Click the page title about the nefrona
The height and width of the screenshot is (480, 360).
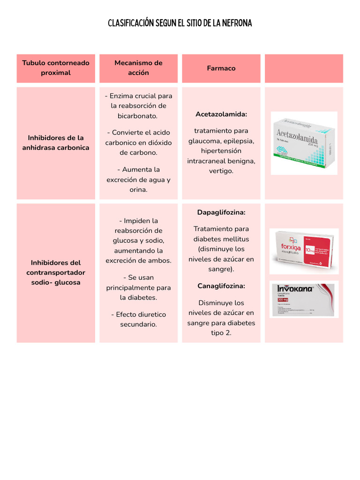point(180,23)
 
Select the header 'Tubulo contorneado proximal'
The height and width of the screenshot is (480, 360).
point(56,68)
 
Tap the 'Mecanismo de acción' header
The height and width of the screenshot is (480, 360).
point(138,68)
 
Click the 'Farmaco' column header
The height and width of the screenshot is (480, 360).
point(221,68)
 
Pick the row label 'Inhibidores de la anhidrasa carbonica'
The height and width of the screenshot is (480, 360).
point(56,143)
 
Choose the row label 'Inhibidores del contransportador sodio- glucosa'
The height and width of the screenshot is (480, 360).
point(56,273)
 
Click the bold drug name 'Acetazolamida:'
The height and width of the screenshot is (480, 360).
point(221,114)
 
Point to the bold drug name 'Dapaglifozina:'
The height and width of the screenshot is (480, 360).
point(221,212)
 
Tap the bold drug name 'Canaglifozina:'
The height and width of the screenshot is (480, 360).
point(221,286)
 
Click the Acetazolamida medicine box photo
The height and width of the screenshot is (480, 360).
point(304,143)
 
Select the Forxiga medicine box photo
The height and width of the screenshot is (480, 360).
point(304,251)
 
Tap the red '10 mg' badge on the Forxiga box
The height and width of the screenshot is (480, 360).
point(310,251)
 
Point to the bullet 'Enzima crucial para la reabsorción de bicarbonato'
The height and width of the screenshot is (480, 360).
point(138,106)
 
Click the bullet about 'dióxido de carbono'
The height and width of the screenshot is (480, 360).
point(138,142)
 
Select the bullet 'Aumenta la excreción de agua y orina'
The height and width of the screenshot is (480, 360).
point(138,180)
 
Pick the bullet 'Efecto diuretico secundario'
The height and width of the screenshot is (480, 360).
point(138,319)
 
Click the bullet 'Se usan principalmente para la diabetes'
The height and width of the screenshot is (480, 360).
point(138,287)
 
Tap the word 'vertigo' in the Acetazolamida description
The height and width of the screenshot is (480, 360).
point(221,171)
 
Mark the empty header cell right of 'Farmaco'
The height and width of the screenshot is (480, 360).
point(304,68)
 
